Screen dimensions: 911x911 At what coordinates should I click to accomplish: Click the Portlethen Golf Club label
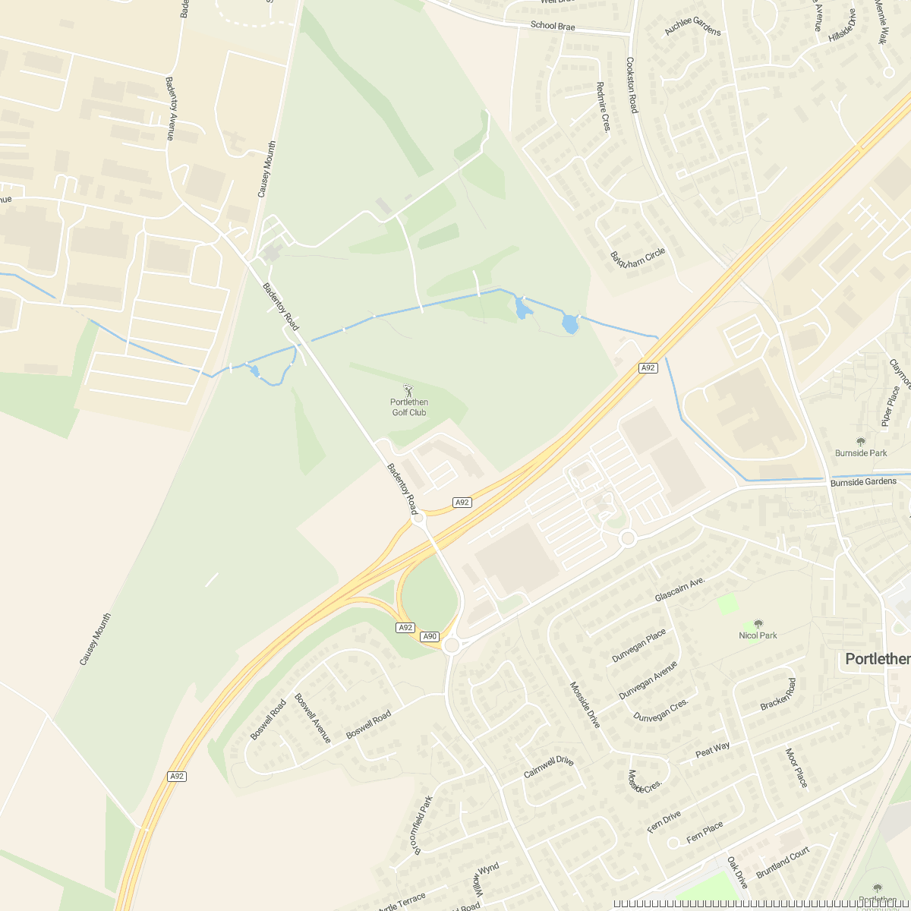pyautogui.click(x=409, y=408)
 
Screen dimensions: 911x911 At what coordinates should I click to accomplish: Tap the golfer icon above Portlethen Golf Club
pyautogui.click(x=409, y=390)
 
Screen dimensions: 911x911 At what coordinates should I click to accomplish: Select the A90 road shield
pyautogui.click(x=430, y=636)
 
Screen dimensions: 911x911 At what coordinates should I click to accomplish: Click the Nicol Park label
pyautogui.click(x=758, y=635)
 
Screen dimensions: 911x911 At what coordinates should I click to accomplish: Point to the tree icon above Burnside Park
pyautogui.click(x=861, y=441)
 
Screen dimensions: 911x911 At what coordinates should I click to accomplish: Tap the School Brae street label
pyautogui.click(x=553, y=26)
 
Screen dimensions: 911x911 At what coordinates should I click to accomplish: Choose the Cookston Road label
pyautogui.click(x=631, y=85)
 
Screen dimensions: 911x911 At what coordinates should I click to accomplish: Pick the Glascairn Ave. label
pyautogui.click(x=680, y=589)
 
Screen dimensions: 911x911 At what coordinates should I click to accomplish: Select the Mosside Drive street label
pyautogui.click(x=585, y=705)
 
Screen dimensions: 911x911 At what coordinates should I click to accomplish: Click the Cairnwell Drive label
pyautogui.click(x=548, y=767)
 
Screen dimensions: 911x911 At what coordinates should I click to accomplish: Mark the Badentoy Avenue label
pyautogui.click(x=170, y=108)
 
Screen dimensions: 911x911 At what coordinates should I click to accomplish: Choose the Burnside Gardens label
pyautogui.click(x=863, y=481)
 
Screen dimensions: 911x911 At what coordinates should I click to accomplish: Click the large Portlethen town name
pyautogui.click(x=878, y=659)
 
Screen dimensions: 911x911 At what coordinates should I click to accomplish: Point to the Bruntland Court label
pyautogui.click(x=783, y=862)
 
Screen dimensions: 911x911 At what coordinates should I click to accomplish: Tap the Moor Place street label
pyautogui.click(x=796, y=768)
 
